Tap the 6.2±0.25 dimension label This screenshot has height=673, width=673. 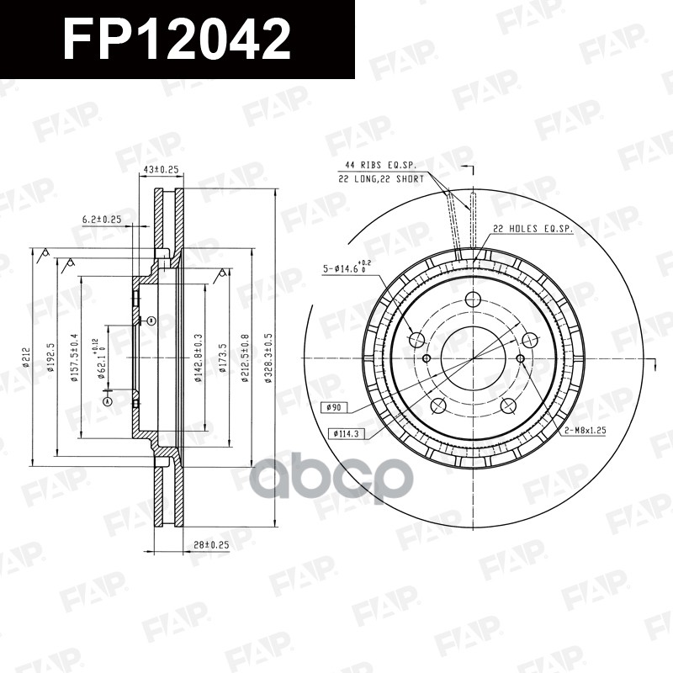pos(103,220)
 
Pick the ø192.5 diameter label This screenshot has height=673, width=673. pos(51,357)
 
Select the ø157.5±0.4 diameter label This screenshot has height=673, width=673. pos(74,357)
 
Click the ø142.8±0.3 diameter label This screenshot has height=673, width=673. pos(199,357)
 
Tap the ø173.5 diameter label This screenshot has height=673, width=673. pos(223,357)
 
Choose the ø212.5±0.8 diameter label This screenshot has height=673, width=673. pos(246,357)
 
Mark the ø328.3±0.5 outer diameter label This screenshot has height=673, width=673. pos(268,357)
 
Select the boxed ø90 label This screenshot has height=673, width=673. pos(334,408)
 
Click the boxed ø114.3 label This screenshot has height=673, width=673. pos(343,432)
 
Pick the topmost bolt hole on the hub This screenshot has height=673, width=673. pos(473,299)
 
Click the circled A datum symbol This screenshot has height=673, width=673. pos(107,403)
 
